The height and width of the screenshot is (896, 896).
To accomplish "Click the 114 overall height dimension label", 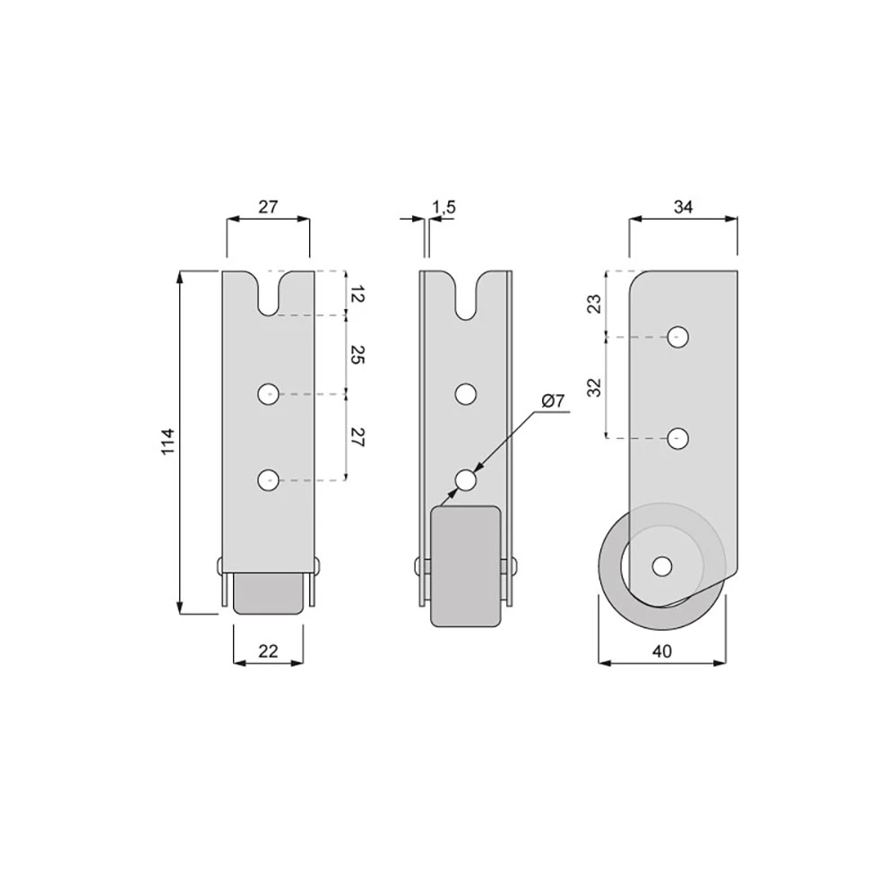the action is click(x=168, y=442).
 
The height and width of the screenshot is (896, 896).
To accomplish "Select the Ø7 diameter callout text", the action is click(x=553, y=401).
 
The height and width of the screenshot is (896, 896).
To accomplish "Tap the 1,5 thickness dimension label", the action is click(x=444, y=207).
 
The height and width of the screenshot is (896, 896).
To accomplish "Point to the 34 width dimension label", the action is click(x=683, y=207).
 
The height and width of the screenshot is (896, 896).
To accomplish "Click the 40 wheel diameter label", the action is click(x=662, y=650).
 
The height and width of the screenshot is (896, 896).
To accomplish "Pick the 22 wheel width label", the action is click(x=268, y=650).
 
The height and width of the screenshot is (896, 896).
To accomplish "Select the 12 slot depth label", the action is click(x=357, y=296).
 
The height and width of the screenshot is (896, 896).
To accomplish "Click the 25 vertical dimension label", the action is click(x=357, y=355).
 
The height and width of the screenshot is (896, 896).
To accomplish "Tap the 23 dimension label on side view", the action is click(x=595, y=304).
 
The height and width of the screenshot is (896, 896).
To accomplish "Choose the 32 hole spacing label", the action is click(x=595, y=388).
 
